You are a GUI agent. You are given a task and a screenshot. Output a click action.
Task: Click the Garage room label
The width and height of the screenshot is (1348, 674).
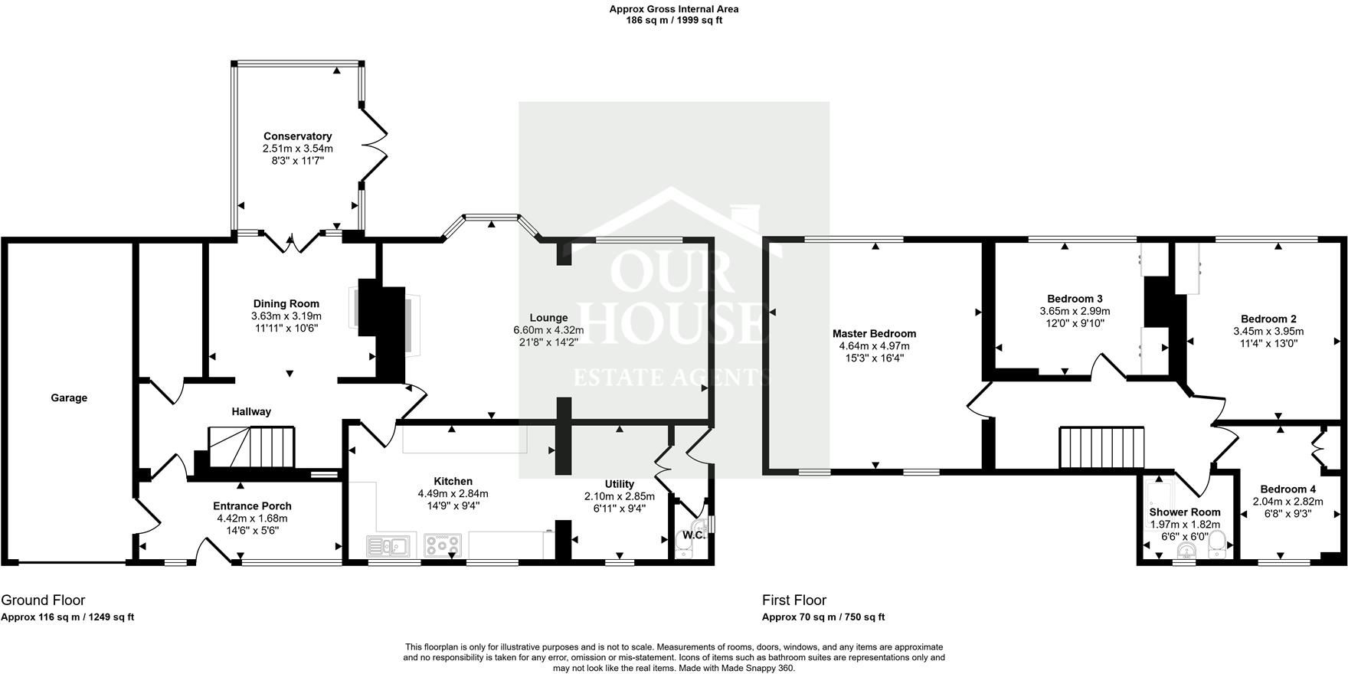[x=69, y=398]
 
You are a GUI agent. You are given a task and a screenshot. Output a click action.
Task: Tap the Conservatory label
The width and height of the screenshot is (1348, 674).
[x=297, y=136]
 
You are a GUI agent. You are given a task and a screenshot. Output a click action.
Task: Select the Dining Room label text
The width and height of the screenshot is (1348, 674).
[x=286, y=303]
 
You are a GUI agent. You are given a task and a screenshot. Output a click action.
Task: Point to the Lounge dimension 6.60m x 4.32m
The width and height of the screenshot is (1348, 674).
[x=548, y=330]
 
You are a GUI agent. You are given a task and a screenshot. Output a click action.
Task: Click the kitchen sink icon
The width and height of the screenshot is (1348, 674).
[x=388, y=546]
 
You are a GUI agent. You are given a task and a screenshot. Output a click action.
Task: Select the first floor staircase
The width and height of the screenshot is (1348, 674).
[x=1101, y=447]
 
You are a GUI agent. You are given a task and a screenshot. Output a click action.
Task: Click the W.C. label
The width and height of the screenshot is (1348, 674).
[x=693, y=535]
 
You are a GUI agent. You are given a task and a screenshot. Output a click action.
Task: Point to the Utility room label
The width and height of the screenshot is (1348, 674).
[x=619, y=484]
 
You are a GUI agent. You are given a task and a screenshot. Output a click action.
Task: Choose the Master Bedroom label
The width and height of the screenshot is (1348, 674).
[x=874, y=333]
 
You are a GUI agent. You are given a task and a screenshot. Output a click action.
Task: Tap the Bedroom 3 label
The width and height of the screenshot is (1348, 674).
[x=1075, y=299]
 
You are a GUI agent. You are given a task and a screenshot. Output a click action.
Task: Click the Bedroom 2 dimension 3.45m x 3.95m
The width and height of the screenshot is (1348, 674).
[x=1268, y=332]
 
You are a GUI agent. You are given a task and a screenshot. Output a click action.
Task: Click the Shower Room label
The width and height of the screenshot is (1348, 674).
[x=1184, y=512]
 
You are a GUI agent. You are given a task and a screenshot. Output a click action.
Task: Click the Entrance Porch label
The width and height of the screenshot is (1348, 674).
[x=252, y=506]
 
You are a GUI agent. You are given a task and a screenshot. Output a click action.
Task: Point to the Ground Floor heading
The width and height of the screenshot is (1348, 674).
[x=43, y=600]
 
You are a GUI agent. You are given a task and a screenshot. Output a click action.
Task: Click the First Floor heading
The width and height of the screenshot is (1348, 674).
[x=794, y=600]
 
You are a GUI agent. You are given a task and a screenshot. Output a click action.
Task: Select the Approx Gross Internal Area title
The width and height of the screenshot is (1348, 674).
[x=674, y=9]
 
